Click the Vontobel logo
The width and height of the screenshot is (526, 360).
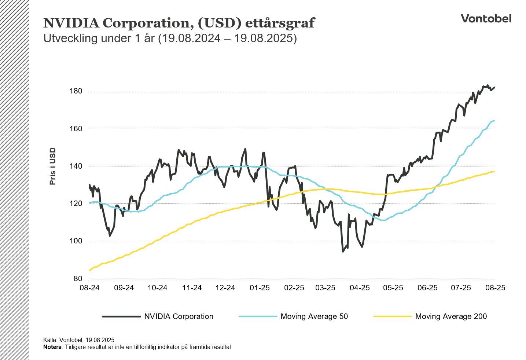(486, 19)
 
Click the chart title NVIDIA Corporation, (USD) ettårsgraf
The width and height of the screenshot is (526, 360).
(179, 23)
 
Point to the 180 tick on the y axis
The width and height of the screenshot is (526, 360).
(76, 91)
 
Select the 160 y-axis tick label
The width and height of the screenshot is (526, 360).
(76, 129)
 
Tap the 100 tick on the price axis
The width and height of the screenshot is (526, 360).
(76, 241)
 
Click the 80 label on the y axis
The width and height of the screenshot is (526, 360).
(78, 279)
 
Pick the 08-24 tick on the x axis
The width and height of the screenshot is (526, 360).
(89, 288)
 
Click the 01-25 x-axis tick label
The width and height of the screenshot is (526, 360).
(260, 288)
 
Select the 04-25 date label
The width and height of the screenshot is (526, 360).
(360, 288)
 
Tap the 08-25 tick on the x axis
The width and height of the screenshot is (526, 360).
(495, 288)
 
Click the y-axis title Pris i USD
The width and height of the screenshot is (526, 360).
(53, 166)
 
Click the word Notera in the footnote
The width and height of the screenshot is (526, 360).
(52, 347)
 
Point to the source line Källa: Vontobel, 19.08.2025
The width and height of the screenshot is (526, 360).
(79, 340)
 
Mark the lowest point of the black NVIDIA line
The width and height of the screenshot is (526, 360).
(343, 251)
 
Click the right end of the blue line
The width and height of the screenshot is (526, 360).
(494, 121)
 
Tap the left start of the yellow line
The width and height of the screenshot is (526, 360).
(89, 271)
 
